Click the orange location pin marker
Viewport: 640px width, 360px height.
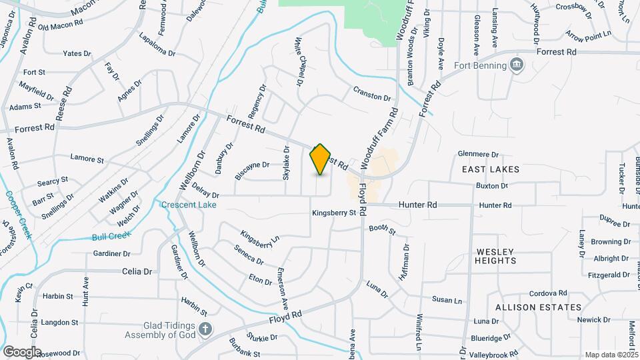(x=321, y=159)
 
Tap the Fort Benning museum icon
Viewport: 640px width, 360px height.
(x=517, y=65)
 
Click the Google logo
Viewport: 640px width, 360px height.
(x=22, y=351)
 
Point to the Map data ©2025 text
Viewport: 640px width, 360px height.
(x=611, y=355)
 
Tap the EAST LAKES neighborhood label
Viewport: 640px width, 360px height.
(x=491, y=170)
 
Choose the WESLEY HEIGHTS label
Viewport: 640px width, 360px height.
(x=496, y=256)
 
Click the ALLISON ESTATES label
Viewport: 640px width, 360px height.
(x=538, y=307)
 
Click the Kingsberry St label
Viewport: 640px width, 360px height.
(x=335, y=213)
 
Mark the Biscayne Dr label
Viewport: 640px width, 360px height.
(x=251, y=170)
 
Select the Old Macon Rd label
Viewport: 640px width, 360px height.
(x=61, y=25)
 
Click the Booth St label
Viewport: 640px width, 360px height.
(x=383, y=231)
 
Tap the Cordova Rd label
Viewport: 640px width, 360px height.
(x=547, y=293)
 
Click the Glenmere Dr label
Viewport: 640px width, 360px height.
(x=479, y=154)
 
